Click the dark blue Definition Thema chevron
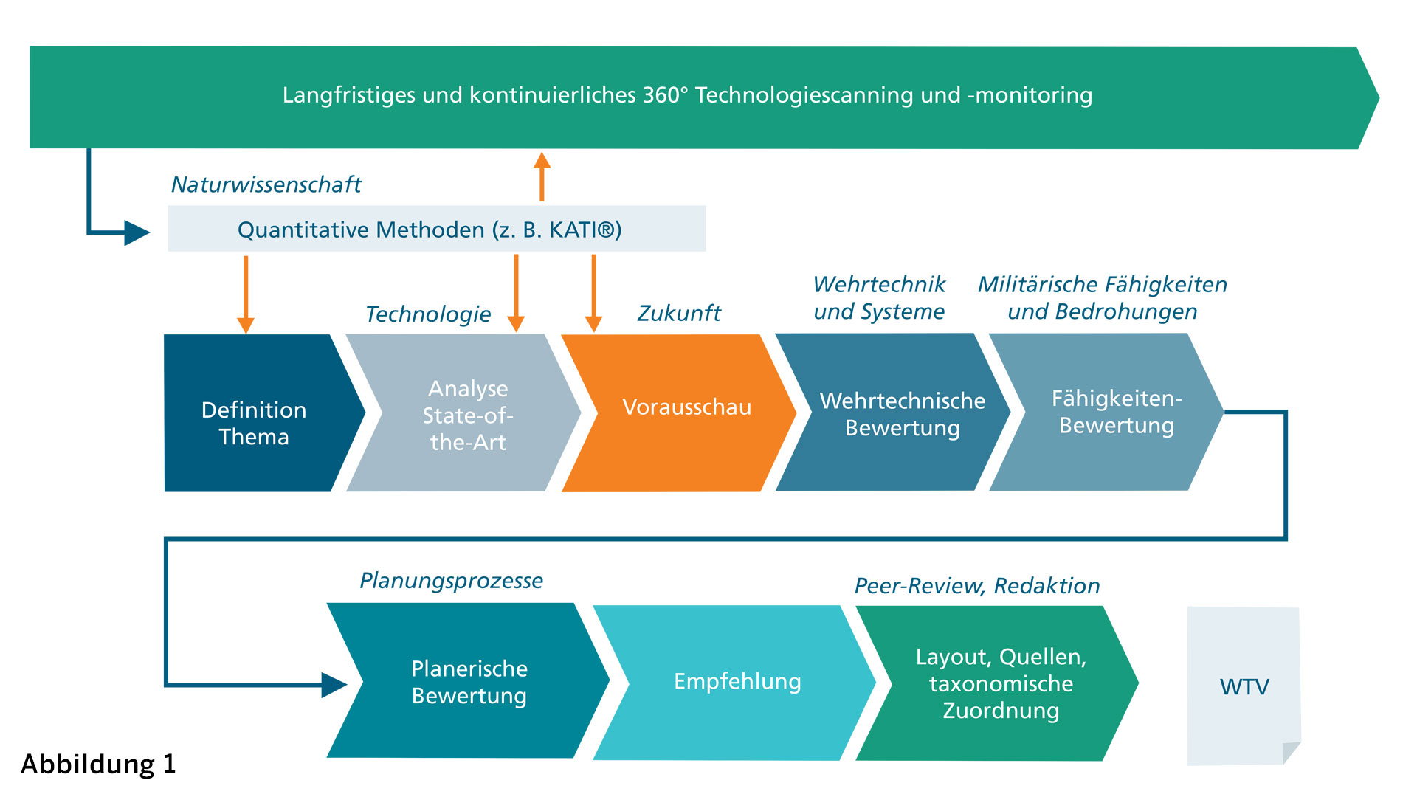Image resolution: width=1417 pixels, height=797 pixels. coord(254,413)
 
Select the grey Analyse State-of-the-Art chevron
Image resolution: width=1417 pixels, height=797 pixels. coord(468,413)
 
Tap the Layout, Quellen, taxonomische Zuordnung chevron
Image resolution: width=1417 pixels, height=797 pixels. coord(1001,683)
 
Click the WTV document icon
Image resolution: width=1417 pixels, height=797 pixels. coord(1244,686)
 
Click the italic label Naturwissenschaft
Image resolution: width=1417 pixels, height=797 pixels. coord(266,184)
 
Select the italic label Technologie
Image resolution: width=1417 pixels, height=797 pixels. coord(428,314)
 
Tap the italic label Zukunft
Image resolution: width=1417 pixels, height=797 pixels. coord(678,314)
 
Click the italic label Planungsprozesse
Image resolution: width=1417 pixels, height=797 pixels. coord(451,581)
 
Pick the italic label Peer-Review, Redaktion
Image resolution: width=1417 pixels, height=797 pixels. coord(976,586)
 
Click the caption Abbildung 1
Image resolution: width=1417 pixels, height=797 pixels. coord(98,765)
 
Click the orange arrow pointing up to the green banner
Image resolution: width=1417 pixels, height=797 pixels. coord(542,177)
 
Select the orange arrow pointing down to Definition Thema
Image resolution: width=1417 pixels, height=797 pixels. coord(246,295)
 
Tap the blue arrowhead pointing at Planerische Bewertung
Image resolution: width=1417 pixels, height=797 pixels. coord(334,685)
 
